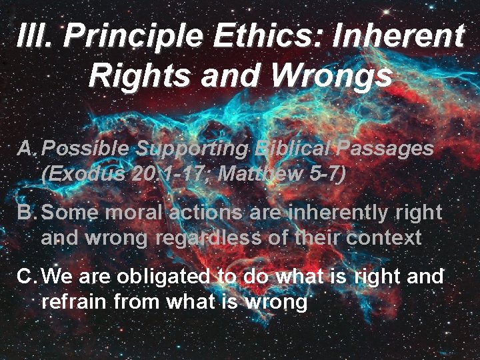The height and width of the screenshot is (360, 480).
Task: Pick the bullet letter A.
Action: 27,149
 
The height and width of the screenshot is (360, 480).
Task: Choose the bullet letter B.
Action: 27,213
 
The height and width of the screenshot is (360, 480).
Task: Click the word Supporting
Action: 193,149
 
